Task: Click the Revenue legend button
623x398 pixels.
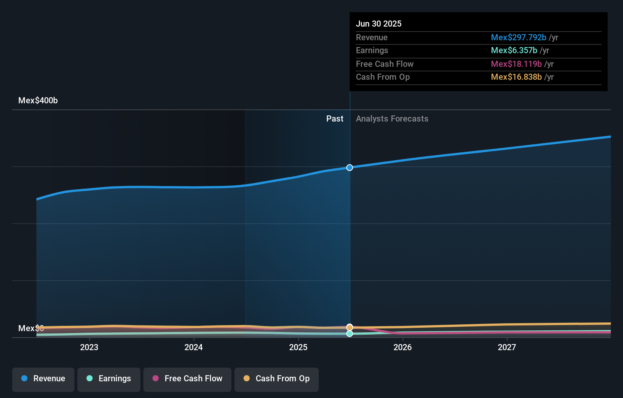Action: pyautogui.click(x=43, y=379)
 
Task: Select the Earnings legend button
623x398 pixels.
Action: pyautogui.click(x=109, y=379)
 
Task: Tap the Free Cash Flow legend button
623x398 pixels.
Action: pyautogui.click(x=187, y=379)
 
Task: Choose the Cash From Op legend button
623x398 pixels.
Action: pyautogui.click(x=277, y=379)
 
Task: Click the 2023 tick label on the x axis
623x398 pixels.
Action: pyautogui.click(x=89, y=347)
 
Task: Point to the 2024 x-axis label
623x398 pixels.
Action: pyautogui.click(x=194, y=347)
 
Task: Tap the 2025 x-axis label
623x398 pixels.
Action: pyautogui.click(x=298, y=347)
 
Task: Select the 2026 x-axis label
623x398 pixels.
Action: pyautogui.click(x=403, y=347)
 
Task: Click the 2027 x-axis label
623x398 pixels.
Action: pyautogui.click(x=507, y=347)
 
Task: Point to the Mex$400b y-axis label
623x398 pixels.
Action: pyautogui.click(x=38, y=101)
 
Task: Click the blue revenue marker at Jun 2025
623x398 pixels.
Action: pyautogui.click(x=349, y=167)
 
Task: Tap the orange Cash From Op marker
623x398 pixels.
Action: pyautogui.click(x=349, y=327)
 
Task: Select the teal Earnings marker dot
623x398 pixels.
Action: pyautogui.click(x=349, y=333)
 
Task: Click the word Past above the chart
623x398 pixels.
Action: pyautogui.click(x=335, y=119)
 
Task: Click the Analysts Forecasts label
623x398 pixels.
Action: pyautogui.click(x=392, y=119)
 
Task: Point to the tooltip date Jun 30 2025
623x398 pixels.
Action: pyautogui.click(x=379, y=24)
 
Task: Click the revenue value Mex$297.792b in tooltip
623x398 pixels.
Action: pyautogui.click(x=519, y=37)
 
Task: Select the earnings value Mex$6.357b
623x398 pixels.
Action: pyautogui.click(x=514, y=51)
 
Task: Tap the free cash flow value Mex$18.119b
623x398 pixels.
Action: pyautogui.click(x=516, y=64)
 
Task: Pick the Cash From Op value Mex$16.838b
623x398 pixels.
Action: pyautogui.click(x=516, y=77)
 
